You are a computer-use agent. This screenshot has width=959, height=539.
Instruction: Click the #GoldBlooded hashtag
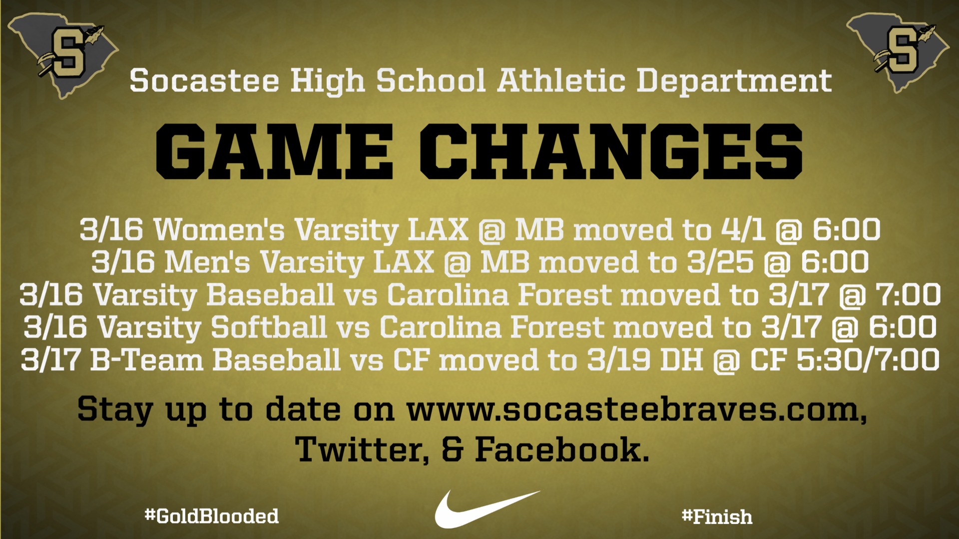coord(212,516)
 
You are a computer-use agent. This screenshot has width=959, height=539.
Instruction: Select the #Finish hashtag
coord(717,517)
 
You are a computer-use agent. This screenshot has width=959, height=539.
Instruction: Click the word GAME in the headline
coord(274,152)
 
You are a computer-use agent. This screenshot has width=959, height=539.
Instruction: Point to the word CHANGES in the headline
coord(611,152)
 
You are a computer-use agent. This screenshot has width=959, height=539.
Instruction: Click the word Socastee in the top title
coord(204,81)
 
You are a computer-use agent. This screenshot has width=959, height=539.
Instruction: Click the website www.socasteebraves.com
coord(637,410)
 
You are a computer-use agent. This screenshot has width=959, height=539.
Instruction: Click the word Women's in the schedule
coord(219,230)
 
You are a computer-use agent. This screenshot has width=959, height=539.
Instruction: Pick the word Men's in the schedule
coord(207,263)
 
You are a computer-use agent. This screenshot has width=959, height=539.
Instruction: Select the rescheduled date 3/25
coord(720,263)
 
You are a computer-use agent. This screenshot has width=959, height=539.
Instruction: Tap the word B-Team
coord(147,360)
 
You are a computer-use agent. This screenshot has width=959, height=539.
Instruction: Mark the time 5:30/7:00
coord(868,360)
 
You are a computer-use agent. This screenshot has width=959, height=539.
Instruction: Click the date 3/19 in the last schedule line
coord(619,360)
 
